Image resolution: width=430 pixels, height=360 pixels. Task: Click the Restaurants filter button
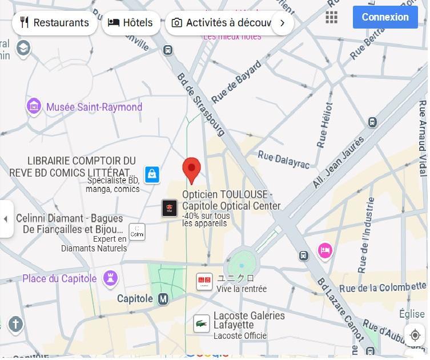coord(54,23)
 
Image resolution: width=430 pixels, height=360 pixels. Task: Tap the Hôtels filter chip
coord(130,23)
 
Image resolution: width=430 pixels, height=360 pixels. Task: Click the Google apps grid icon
coord(332,17)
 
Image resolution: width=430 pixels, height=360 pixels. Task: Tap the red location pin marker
coord(191,170)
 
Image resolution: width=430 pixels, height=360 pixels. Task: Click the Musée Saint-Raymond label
coord(94,107)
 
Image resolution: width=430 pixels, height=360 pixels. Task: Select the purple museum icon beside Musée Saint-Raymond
coord(34,106)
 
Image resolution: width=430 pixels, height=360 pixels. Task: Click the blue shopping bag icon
coord(152,174)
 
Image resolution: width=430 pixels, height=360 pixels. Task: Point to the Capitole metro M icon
coord(163,299)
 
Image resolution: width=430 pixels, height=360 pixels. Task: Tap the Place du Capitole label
coord(59,279)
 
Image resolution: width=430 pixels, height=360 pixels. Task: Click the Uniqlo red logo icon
coord(204,282)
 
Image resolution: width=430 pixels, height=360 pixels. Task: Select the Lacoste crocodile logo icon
coord(201,324)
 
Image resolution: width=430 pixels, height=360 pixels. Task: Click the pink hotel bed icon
coord(325,251)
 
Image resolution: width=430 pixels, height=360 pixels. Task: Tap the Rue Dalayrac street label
coord(283,160)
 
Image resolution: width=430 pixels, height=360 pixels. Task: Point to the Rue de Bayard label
coord(236,82)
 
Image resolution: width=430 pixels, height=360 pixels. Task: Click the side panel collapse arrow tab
coord(6,219)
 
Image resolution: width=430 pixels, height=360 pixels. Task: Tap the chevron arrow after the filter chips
coord(282,23)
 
